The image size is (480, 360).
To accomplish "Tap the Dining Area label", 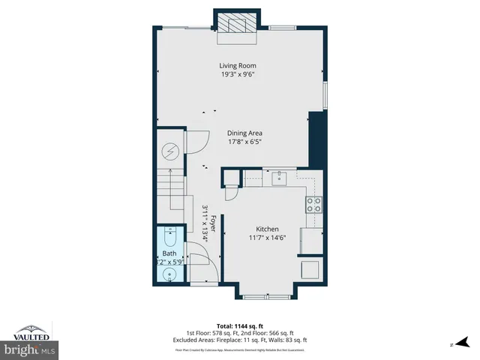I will [244, 133].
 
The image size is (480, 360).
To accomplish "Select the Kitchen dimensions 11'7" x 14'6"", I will [267, 238].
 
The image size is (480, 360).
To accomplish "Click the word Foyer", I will [213, 223].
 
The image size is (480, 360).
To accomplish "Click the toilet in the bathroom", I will [170, 239].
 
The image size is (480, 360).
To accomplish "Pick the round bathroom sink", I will [170, 274].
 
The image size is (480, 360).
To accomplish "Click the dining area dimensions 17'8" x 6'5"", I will [244, 141].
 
